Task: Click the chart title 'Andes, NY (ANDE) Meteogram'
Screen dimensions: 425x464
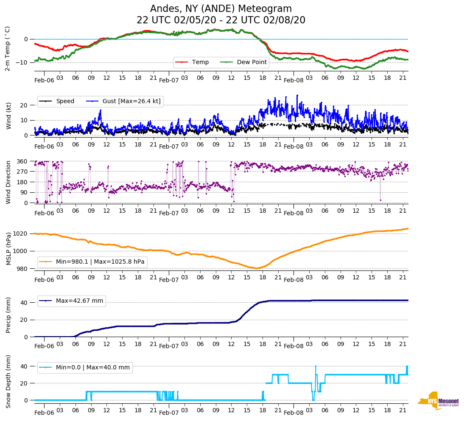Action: point(221,9)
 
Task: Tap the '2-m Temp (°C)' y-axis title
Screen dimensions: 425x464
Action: point(8,48)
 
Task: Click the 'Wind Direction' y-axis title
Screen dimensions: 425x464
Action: point(8,182)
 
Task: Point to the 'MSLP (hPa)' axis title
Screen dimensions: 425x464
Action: point(8,248)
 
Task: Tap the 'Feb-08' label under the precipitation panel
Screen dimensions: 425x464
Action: point(293,346)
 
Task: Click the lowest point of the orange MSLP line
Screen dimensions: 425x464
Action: point(257,268)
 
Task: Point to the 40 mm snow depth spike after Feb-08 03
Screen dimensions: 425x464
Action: point(316,366)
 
